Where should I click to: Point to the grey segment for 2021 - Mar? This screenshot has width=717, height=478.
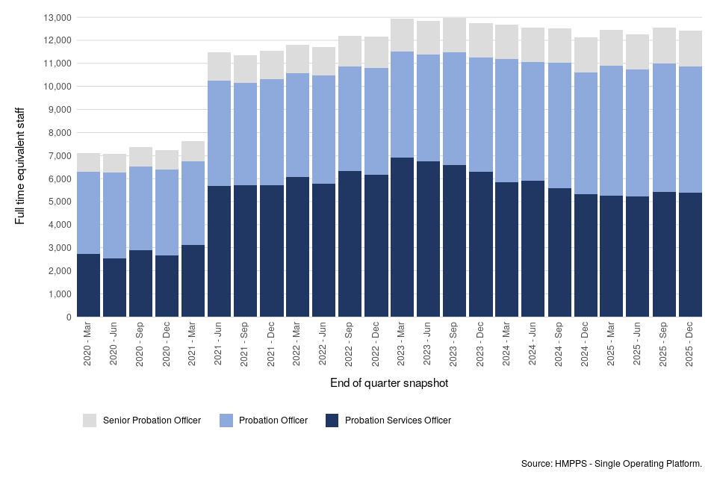pyautogui.click(x=193, y=151)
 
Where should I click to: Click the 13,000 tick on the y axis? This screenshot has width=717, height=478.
pyautogui.click(x=58, y=17)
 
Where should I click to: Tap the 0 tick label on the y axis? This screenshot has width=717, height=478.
pyautogui.click(x=68, y=317)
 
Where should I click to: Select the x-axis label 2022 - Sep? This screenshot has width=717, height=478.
pyautogui.click(x=350, y=344)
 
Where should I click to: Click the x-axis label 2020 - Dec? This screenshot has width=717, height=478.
pyautogui.click(x=167, y=344)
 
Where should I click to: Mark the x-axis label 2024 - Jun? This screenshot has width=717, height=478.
pyautogui.click(x=533, y=344)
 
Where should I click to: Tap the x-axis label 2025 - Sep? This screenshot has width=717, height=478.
pyautogui.click(x=663, y=344)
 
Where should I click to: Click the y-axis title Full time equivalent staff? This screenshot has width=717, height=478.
pyautogui.click(x=19, y=167)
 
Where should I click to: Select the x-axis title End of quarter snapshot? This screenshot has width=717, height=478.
pyautogui.click(x=388, y=383)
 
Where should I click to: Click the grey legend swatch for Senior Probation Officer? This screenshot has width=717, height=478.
pyautogui.click(x=90, y=420)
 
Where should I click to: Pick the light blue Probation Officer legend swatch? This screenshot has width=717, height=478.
pyautogui.click(x=226, y=420)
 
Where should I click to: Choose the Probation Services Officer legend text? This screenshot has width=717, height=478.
pyautogui.click(x=397, y=420)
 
